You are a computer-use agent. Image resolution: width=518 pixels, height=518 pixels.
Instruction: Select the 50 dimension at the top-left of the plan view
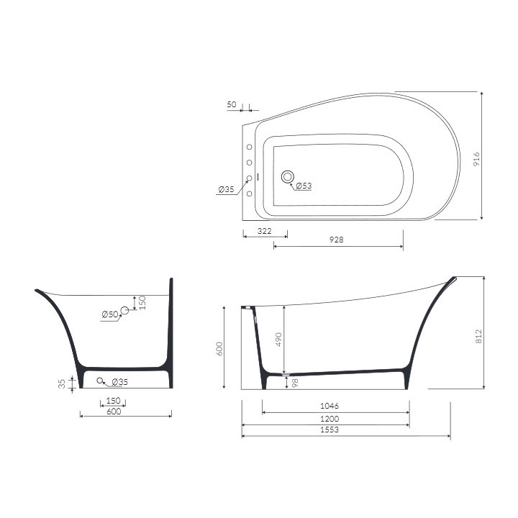pyautogui.click(x=232, y=104)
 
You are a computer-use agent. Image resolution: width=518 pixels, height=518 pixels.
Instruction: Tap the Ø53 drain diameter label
pyautogui.click(x=304, y=186)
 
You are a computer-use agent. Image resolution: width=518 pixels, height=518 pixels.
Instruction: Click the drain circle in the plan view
pyautogui.click(x=288, y=176)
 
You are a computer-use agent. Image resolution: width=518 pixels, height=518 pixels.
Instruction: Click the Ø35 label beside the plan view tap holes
pyautogui.click(x=226, y=189)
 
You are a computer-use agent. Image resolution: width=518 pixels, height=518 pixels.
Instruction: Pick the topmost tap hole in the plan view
pyautogui.click(x=250, y=147)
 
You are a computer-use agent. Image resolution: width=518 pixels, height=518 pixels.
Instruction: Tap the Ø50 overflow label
pyautogui.click(x=109, y=314)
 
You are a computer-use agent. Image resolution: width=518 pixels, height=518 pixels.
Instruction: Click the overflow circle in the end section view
pyautogui.click(x=124, y=310)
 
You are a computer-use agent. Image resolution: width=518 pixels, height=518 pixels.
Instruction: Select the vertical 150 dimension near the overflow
pyautogui.click(x=142, y=302)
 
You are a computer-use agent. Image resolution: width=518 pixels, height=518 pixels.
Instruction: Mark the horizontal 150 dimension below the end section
pyautogui.click(x=114, y=400)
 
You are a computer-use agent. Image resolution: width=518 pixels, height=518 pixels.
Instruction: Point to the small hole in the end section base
pyautogui.click(x=101, y=381)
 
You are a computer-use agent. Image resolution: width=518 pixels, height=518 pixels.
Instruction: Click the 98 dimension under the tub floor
pyautogui.click(x=294, y=382)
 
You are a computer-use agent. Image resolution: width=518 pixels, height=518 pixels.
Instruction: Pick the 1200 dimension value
pyautogui.click(x=330, y=418)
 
